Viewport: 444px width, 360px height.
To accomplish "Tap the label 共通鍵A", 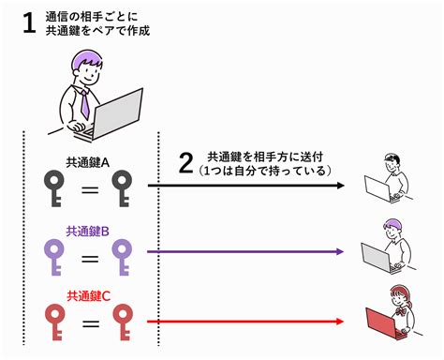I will pyautogui.click(x=88, y=161).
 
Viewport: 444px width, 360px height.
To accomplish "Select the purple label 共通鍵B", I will pyautogui.click(x=88, y=230).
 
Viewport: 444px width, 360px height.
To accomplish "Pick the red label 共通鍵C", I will pyautogui.click(x=88, y=296).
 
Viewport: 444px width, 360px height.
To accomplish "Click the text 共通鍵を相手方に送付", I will pyautogui.click(x=265, y=157).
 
